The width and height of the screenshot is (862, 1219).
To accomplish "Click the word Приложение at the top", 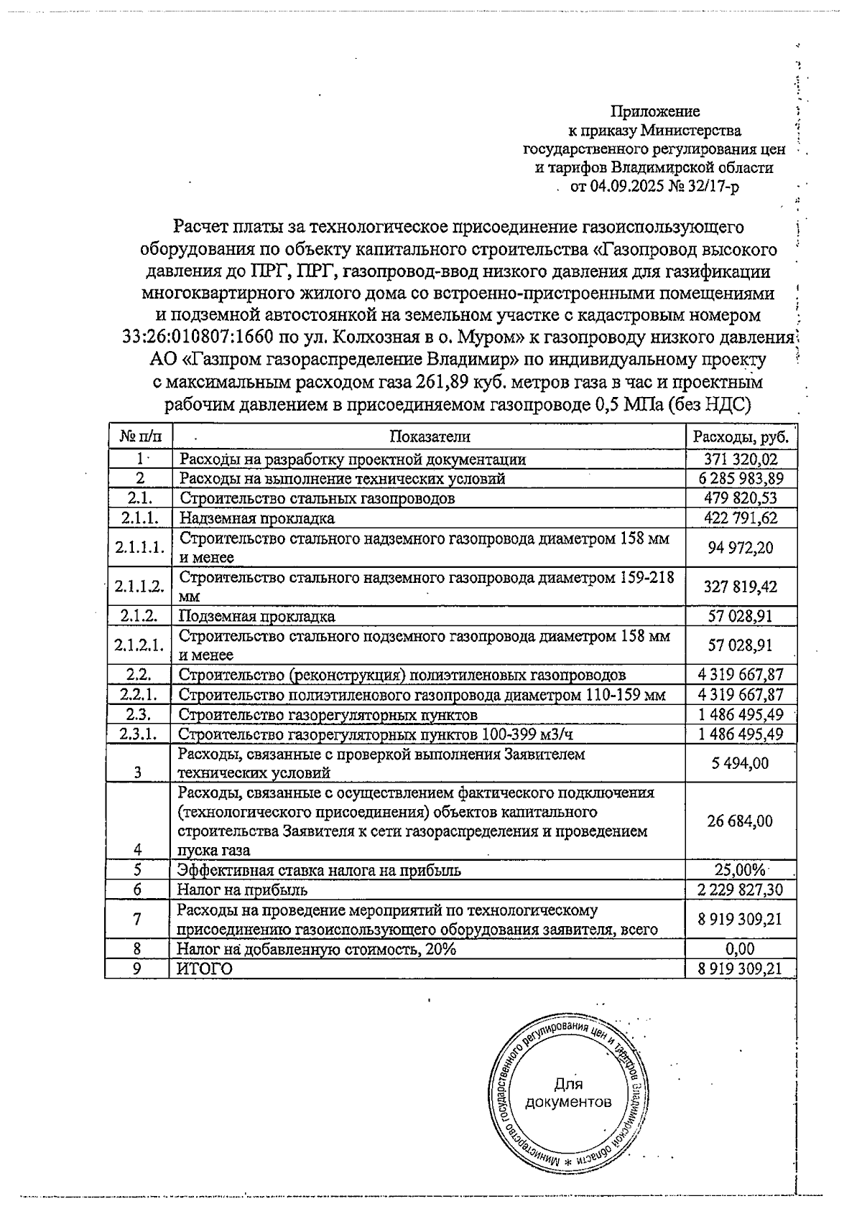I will pos(654,111).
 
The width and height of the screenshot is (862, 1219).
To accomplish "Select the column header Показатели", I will pos(430,436).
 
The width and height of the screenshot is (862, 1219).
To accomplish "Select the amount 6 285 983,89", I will pos(740,478).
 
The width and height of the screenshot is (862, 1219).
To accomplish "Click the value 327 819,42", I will pos(741,587).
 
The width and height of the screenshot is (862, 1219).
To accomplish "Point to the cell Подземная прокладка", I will pos(256,616).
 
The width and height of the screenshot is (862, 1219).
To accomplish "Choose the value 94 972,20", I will pos(741,548).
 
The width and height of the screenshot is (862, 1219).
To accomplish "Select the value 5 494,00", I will pos(741,763).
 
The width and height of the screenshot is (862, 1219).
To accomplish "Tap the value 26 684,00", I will pos(741,821).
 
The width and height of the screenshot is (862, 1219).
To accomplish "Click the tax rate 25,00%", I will pos(740,870).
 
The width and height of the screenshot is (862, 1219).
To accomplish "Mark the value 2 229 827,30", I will pos(740,890).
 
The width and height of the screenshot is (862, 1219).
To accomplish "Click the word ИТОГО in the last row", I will pos(205,968).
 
